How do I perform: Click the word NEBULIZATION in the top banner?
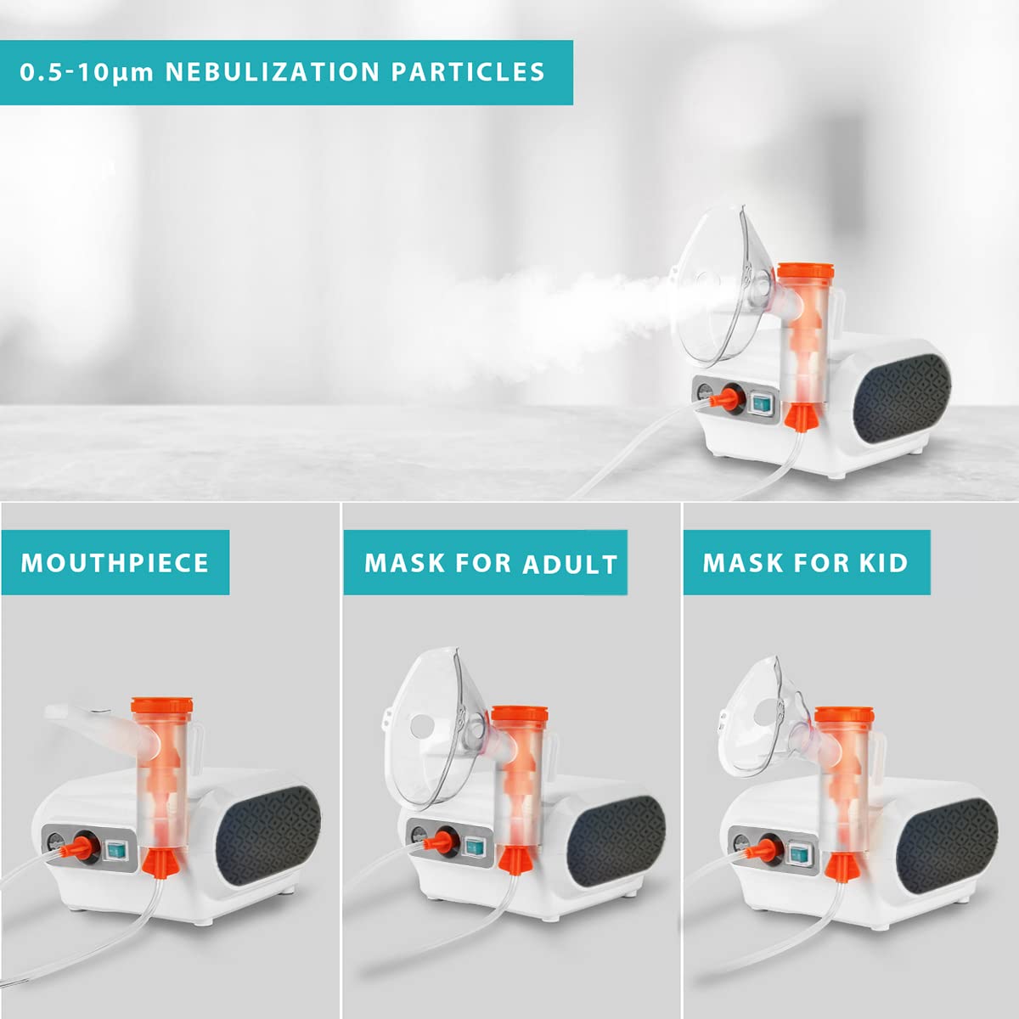click(x=272, y=72)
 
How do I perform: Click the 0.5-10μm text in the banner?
click(x=87, y=72)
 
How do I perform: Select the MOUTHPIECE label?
click(x=115, y=563)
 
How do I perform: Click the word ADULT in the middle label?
click(x=570, y=565)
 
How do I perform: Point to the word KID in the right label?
click(x=881, y=563)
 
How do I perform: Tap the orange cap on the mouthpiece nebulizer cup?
click(x=156, y=707)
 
